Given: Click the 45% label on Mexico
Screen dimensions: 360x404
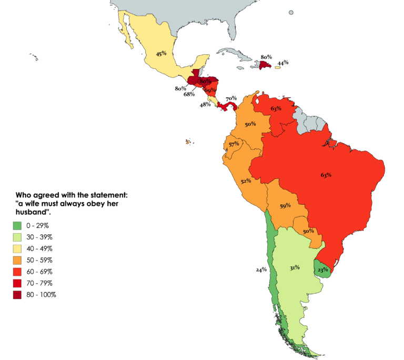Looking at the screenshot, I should (x=161, y=53).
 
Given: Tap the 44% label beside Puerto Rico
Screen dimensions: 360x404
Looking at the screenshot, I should (x=283, y=63).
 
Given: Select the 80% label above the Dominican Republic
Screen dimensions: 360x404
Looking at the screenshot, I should (x=266, y=56).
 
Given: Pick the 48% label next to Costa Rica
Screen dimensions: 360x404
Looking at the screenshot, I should (x=205, y=104).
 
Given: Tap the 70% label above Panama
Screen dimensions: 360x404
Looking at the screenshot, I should (x=231, y=98).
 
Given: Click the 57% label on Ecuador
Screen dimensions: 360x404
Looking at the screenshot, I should (x=234, y=144).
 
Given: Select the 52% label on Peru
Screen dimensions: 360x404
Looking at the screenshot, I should (x=246, y=181).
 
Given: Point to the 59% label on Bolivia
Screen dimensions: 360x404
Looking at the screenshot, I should (x=285, y=206).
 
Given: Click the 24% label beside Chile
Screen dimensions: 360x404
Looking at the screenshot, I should (x=261, y=269).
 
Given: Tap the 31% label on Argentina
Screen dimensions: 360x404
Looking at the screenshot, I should (x=294, y=267).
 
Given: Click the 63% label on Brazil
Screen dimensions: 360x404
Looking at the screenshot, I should (x=326, y=175).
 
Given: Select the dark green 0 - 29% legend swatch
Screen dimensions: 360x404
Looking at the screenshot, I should (x=17, y=226).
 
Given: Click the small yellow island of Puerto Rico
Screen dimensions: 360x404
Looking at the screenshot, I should (x=277, y=67).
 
